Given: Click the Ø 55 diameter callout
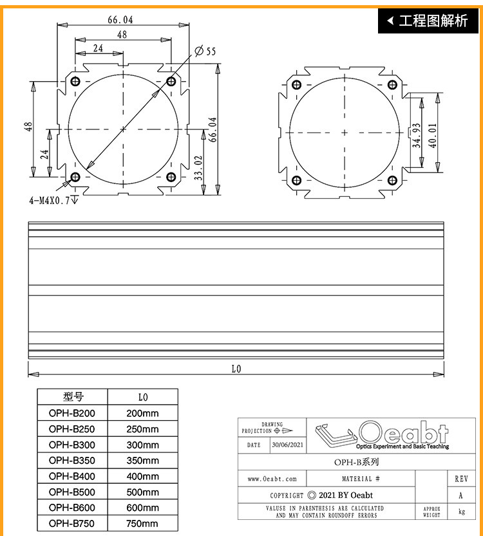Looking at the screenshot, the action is (x=205, y=51).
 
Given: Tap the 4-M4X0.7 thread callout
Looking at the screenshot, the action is (x=53, y=200).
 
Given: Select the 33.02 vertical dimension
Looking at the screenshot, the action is (x=199, y=168).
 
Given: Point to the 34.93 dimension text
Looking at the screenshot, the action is (x=416, y=135).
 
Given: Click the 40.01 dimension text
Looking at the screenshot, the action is (x=433, y=135).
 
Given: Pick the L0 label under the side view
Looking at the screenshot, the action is (x=236, y=369).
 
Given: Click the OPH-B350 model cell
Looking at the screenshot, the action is (x=72, y=461).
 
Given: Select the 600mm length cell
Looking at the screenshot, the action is (x=142, y=508).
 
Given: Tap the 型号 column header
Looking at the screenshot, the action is (x=73, y=397).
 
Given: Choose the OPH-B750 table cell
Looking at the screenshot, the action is (x=72, y=523).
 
